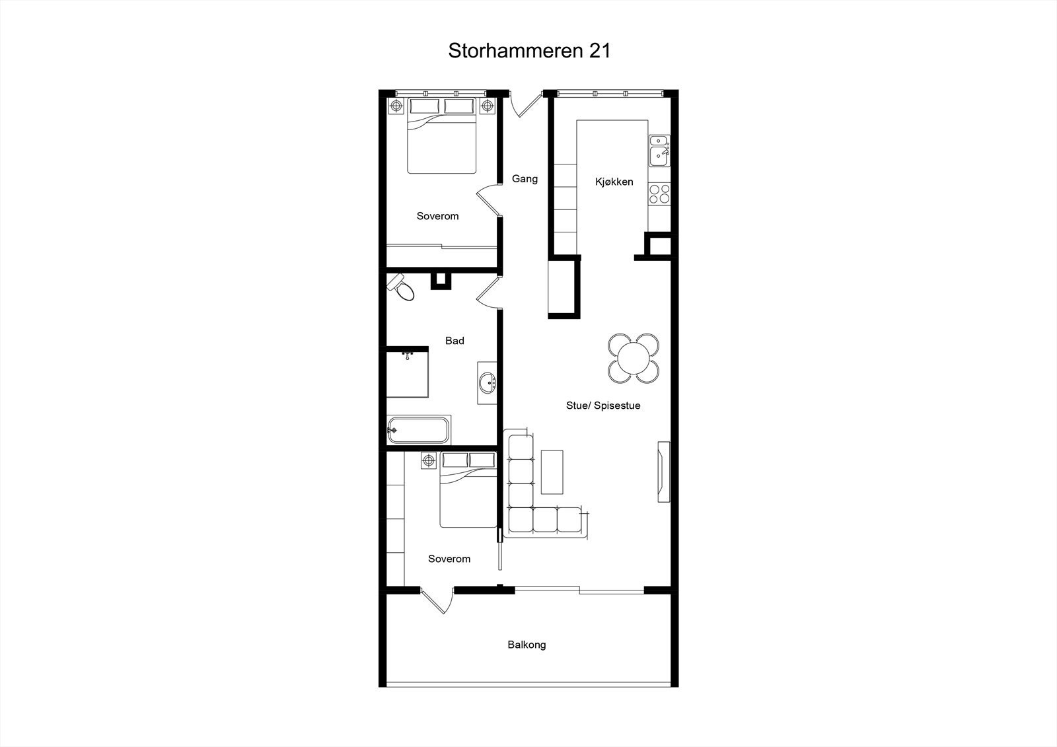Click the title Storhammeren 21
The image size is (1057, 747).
pos(529,51)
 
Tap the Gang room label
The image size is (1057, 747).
pos(525,178)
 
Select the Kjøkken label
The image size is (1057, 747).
pos(614,182)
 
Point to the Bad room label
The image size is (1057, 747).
pos(455,341)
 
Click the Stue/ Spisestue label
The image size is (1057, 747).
pos(603,406)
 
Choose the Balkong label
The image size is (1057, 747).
pos(527,645)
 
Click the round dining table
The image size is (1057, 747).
pos(634,359)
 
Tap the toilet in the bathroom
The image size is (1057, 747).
pos(401,287)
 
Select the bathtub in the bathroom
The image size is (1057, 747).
pos(419,430)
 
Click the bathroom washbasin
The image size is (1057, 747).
pos(488,382)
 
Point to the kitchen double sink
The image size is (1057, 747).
pos(659,150)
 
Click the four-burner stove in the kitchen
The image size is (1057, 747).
pos(659,194)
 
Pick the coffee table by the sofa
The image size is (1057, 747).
pos(552,472)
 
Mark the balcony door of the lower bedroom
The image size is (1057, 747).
pos(435,601)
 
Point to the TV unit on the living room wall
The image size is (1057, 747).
pos(663,472)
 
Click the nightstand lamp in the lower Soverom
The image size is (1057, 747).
pos(429,460)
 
